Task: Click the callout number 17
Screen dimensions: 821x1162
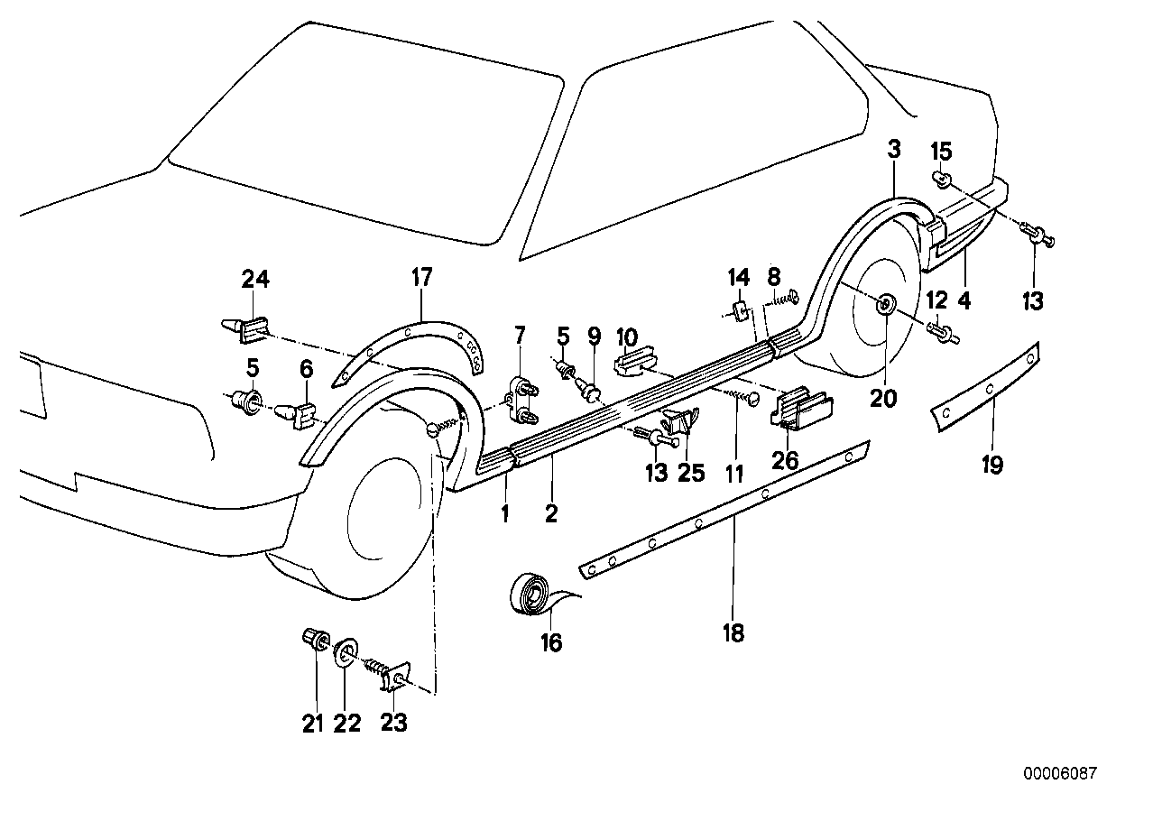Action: pyautogui.click(x=422, y=278)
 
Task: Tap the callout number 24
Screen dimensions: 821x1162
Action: pyautogui.click(x=255, y=280)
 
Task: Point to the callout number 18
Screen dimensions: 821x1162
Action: pyautogui.click(x=733, y=633)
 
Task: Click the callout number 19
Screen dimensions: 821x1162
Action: pyautogui.click(x=992, y=465)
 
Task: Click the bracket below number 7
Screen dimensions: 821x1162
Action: pyautogui.click(x=521, y=401)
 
